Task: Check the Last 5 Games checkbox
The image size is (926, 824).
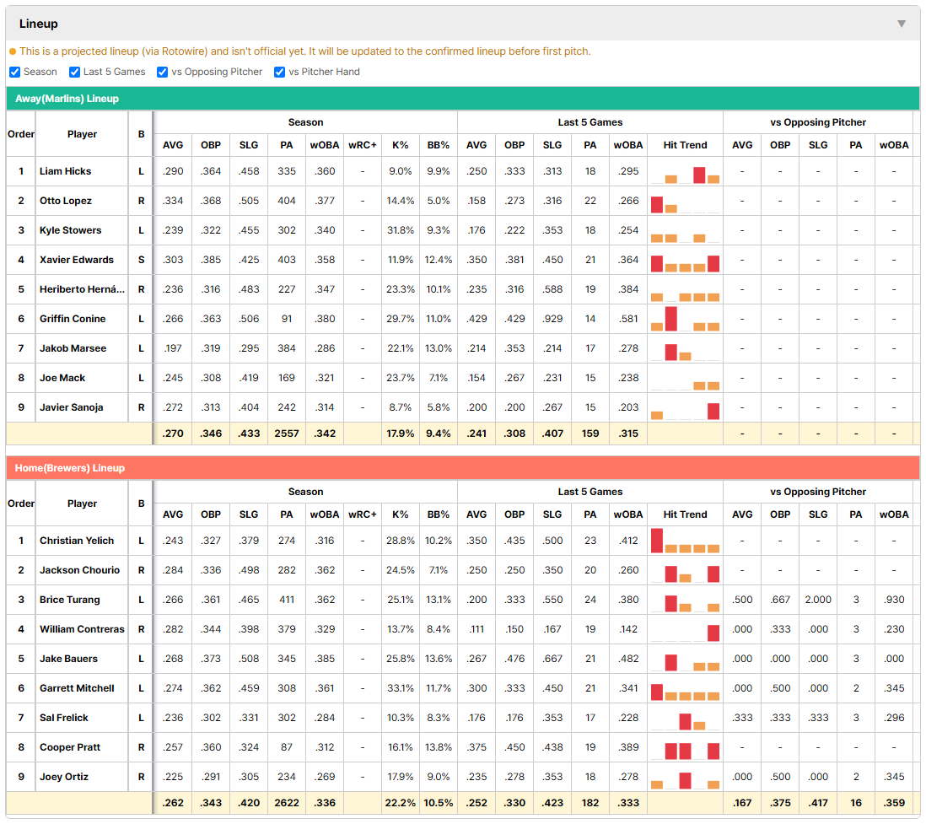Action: point(74,72)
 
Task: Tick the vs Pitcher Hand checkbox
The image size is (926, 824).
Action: point(279,72)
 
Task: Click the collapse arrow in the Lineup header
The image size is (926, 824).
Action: point(902,24)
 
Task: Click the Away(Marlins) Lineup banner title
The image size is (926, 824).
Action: point(67,99)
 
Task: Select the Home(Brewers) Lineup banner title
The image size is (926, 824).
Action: point(70,468)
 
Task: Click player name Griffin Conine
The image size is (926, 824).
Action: point(73,319)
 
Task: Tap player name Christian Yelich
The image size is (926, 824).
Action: point(77,541)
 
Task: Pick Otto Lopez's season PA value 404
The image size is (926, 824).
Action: point(287,201)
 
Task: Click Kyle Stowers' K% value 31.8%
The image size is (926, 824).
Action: point(400,230)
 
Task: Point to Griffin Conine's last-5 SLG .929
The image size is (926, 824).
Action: point(552,319)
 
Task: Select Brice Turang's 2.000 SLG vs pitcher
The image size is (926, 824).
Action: point(818,600)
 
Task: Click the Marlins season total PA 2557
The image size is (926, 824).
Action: point(287,434)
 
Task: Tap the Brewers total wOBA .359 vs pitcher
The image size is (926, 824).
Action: point(894,803)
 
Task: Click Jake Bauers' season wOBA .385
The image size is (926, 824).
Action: point(324,659)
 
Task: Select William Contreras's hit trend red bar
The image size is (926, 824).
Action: point(713,633)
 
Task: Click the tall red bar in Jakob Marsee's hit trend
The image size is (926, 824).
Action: point(670,352)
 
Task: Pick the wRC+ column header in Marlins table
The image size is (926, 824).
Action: point(362,145)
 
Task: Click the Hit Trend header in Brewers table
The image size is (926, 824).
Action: point(685,514)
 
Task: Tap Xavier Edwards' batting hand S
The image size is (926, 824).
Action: point(141,260)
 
